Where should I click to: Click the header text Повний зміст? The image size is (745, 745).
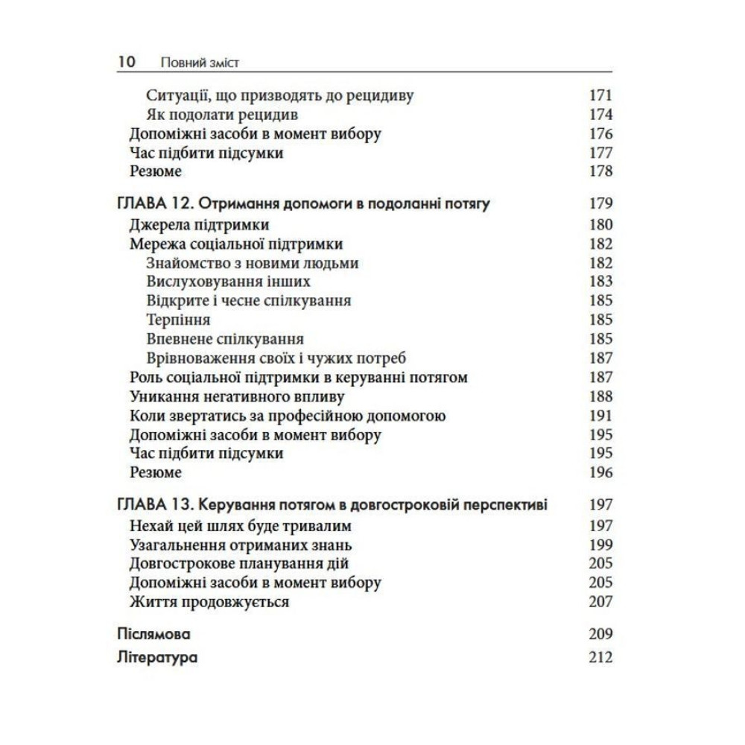click(199, 63)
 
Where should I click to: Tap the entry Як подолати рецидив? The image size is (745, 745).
click(223, 115)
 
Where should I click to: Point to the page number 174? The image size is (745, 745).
click(599, 115)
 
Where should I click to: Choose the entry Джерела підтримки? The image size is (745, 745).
click(199, 225)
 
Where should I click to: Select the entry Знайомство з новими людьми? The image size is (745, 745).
click(253, 263)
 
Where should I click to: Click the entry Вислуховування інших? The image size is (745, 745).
click(229, 282)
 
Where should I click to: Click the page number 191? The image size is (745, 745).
click(599, 416)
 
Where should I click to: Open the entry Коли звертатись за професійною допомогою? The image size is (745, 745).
click(288, 416)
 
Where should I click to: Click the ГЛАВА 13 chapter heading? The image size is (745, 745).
click(332, 505)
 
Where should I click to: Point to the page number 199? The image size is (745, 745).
click(599, 544)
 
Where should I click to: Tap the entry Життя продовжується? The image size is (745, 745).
click(209, 602)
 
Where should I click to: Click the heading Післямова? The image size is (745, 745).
click(154, 635)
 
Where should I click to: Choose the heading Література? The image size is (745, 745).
click(157, 658)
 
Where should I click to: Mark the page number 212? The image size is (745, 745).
click(599, 658)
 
